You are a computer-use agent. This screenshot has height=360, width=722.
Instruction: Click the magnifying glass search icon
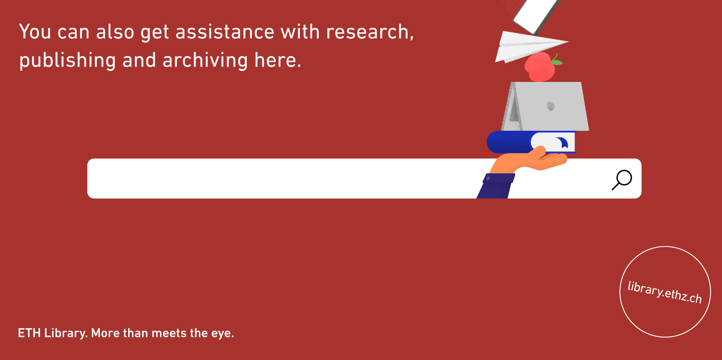[x=622, y=180]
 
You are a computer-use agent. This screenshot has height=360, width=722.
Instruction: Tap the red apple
[x=540, y=67]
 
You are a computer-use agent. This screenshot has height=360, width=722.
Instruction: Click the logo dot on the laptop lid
[x=551, y=106]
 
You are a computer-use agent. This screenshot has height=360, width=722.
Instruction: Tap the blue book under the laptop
[x=531, y=142]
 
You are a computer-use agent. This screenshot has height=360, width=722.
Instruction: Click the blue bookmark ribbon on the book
[x=562, y=142]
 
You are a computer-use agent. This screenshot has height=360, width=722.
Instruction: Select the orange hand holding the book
[x=528, y=160]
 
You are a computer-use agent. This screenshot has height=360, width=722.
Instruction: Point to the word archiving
[x=205, y=61]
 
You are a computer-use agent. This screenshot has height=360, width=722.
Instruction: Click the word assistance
[x=225, y=32]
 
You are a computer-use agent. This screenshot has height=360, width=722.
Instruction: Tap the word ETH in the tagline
[x=29, y=333]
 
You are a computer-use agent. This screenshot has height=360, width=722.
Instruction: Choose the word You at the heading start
[x=35, y=31]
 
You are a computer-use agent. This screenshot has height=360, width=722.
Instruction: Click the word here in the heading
[x=278, y=60]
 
